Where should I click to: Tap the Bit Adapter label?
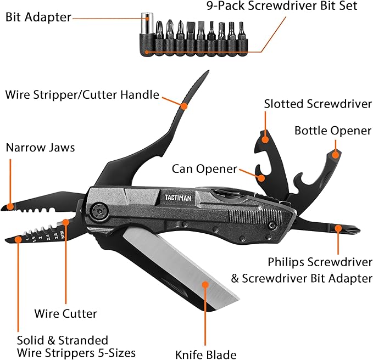pos(38,17)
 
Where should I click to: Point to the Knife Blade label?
pos(205,354)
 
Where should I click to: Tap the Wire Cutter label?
pos(65,314)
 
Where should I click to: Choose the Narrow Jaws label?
pos(40,148)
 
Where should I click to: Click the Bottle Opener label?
pos(333,131)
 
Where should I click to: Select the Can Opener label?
pos(204,168)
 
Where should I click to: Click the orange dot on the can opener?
pos(262,177)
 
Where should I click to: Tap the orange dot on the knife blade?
pos(205,285)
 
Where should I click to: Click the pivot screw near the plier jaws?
pos(99,210)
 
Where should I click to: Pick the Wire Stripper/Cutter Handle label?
pos(82,94)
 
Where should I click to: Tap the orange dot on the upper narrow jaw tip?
pos(10,206)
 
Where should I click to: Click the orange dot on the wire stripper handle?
pos(184,104)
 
